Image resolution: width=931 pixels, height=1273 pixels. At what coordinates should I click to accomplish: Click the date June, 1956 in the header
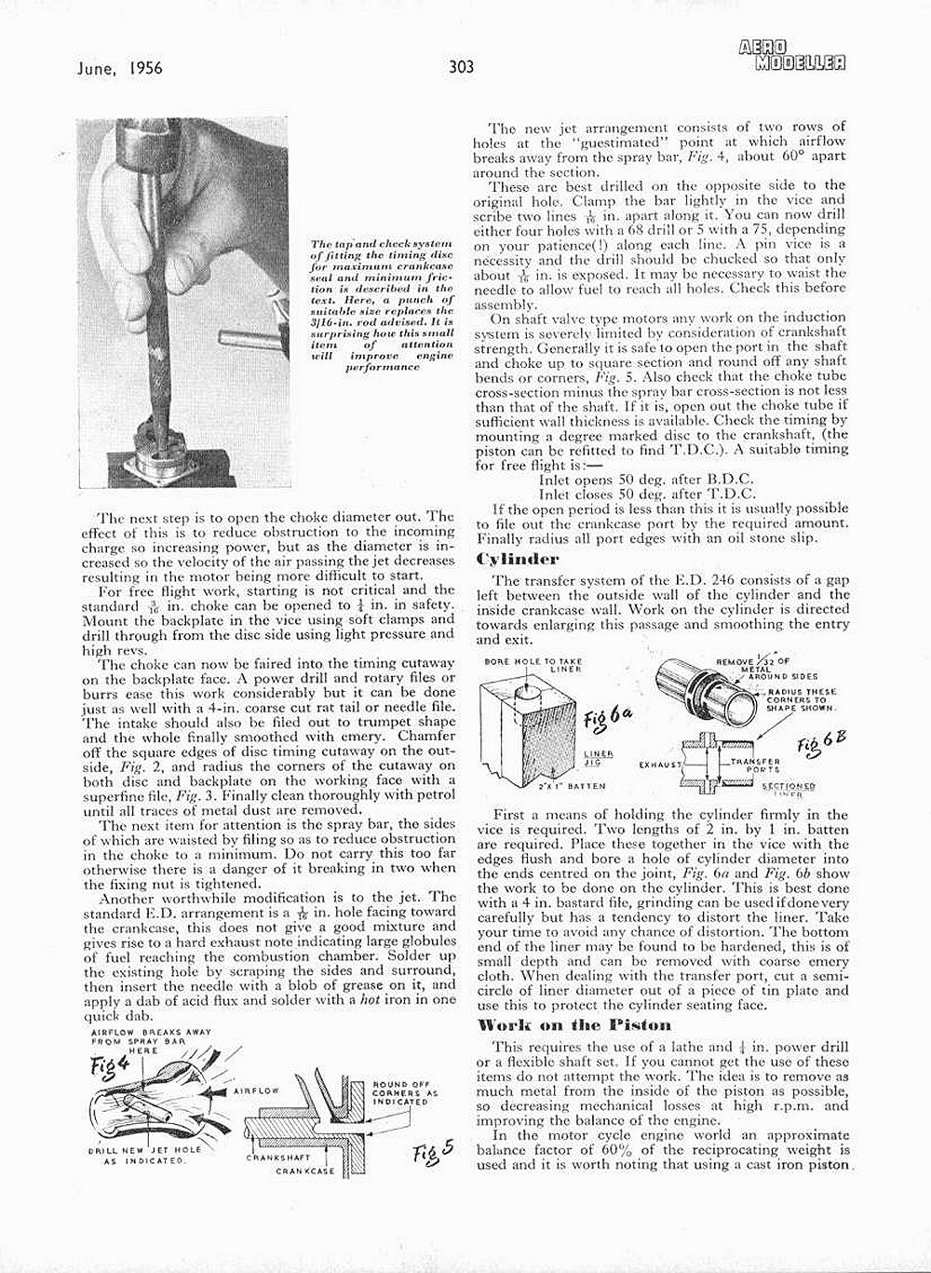(x=115, y=66)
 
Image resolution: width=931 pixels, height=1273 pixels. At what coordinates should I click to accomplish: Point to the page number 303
(x=461, y=66)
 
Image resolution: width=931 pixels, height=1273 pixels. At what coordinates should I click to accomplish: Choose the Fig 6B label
(x=820, y=743)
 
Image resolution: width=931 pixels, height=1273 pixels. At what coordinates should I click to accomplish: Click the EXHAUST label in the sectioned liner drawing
(x=659, y=764)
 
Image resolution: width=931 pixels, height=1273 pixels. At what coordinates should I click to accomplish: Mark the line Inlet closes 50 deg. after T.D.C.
(x=647, y=494)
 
